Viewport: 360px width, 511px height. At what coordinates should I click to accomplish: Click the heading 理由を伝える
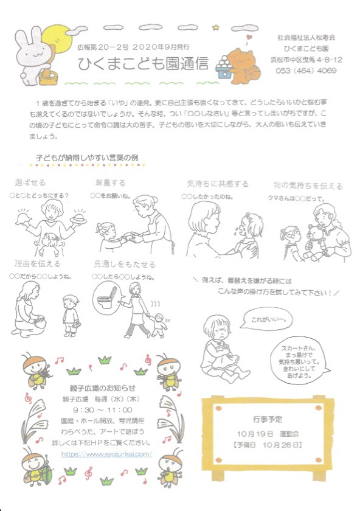(x=38, y=264)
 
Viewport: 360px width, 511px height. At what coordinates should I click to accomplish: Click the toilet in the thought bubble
(x=108, y=299)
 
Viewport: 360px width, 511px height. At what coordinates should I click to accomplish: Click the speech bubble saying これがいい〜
(x=263, y=319)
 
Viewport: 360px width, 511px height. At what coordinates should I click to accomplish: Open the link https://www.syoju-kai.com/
(x=106, y=454)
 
